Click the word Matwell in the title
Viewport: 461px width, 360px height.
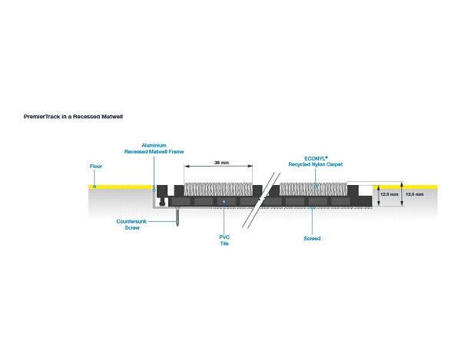click(112, 117)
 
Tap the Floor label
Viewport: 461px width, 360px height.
click(96, 167)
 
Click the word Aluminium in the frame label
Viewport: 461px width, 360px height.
click(154, 145)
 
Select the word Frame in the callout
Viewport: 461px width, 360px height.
click(175, 152)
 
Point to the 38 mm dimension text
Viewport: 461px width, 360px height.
click(222, 163)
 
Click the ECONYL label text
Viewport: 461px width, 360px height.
click(316, 158)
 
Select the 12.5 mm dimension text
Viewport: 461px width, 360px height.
click(390, 194)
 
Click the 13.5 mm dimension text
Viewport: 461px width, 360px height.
click(415, 194)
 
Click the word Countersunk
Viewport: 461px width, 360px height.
click(131, 221)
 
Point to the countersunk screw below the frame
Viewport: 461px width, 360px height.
click(177, 216)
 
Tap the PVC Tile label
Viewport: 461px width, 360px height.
click(224, 240)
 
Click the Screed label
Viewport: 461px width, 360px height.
click(312, 239)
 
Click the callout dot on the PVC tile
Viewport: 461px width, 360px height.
click(224, 201)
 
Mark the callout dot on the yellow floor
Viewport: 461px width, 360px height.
click(95, 187)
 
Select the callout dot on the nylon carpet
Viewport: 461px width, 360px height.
click(316, 186)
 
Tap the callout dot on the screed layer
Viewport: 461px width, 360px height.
click(312, 207)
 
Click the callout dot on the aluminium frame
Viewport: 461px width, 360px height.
click(154, 190)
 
